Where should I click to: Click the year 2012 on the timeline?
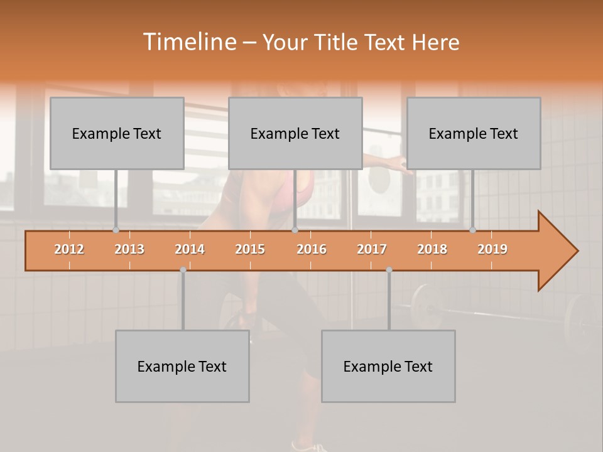pos(69,249)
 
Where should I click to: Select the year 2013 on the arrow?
pos(129,249)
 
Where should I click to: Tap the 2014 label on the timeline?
pos(190,249)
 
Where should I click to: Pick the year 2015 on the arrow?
pos(250,249)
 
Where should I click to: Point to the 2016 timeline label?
pos(312,249)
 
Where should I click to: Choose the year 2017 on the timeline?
pos(372,249)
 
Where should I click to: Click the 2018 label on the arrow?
pos(432,249)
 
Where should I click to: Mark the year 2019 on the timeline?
pos(492,249)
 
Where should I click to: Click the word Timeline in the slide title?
pos(189,42)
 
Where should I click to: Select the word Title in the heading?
pos(338,43)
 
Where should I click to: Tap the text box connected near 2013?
pos(117,133)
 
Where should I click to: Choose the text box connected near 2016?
pos(295,133)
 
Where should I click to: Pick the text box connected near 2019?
pos(474,133)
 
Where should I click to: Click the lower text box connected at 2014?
pos(182,366)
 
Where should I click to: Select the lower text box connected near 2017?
pos(388,366)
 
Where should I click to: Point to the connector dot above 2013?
pos(116,230)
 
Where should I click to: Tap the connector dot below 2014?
pos(183,270)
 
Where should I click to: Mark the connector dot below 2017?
pos(389,270)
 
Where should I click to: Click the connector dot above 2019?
pos(472,230)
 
